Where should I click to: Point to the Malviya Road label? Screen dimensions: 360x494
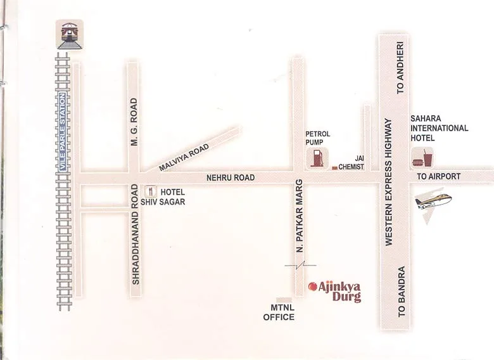pos(184,157)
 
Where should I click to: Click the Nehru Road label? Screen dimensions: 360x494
pos(231,178)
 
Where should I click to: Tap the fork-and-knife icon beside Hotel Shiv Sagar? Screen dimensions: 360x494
pos(151,190)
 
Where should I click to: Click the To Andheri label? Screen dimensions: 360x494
pos(400,70)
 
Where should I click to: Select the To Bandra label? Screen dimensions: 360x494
pos(401,292)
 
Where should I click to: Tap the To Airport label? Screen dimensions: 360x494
pos(438,176)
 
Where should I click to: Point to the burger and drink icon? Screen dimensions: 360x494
pos(421,158)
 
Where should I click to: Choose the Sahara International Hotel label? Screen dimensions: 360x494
pos(439,128)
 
